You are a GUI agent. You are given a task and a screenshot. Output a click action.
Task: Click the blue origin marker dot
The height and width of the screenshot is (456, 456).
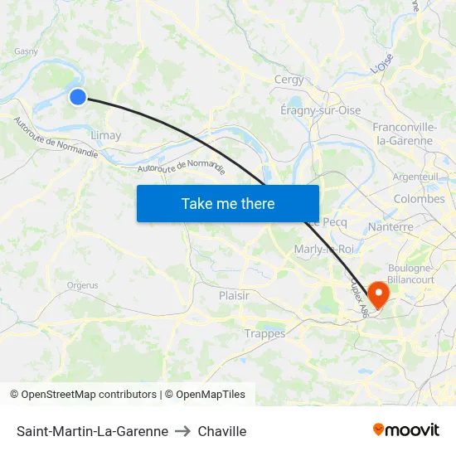point(77,97)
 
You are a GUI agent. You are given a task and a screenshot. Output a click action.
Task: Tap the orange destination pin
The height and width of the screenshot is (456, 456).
point(378,294)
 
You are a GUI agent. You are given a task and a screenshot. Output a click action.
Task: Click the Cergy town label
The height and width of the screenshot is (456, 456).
point(289,80)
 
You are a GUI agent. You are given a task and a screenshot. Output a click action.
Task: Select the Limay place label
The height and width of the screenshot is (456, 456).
point(105,135)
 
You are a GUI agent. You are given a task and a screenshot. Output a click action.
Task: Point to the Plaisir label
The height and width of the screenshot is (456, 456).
point(234,295)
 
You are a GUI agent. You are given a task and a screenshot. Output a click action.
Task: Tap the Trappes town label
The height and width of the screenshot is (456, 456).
point(264,333)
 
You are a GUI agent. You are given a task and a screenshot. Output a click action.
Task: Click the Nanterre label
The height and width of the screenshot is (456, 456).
point(390,226)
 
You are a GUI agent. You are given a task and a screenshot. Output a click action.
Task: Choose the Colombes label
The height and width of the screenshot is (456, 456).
point(419,199)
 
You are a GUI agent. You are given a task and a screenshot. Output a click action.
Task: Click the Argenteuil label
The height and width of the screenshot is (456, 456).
point(415,177)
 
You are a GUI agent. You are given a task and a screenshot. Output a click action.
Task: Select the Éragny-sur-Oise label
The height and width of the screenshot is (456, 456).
point(320,110)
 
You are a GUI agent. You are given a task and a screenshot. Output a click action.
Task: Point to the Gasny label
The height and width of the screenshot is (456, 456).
point(26,51)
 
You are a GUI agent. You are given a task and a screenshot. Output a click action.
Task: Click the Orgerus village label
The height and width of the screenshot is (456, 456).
point(82,285)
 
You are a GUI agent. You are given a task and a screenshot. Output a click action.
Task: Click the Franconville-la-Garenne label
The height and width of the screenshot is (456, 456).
point(405,133)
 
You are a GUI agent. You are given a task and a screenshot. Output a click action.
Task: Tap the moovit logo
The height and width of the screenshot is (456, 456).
point(405,430)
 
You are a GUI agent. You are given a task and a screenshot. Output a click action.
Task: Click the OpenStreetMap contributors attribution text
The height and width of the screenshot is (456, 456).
point(89,395)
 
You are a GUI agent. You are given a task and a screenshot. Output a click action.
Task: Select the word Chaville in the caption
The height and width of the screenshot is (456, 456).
point(222,431)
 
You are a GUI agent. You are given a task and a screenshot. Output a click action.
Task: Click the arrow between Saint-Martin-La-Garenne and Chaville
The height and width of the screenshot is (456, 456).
point(183,431)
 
